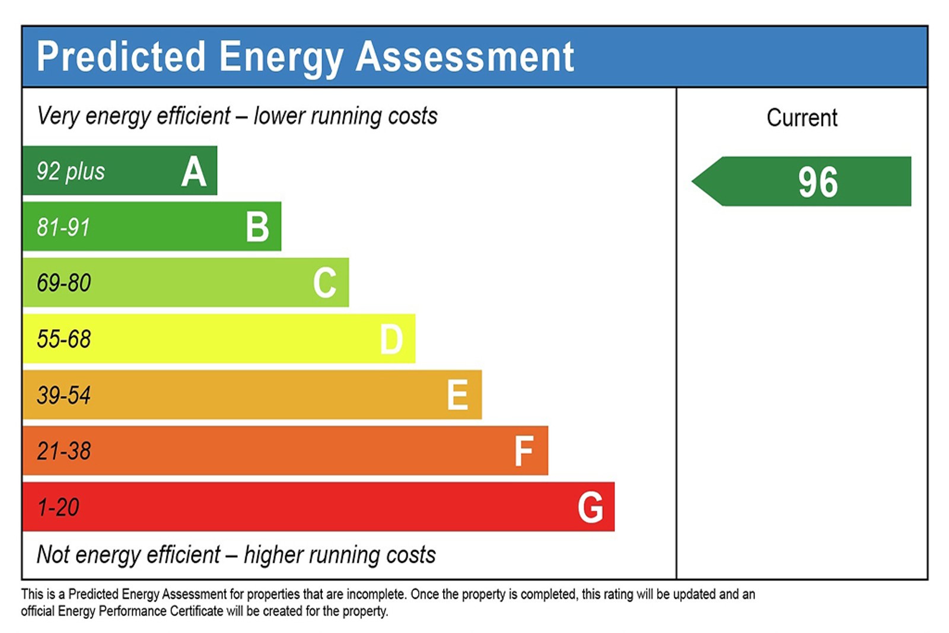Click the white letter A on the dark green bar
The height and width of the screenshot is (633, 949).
[194, 172]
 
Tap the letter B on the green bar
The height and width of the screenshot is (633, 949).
[257, 227]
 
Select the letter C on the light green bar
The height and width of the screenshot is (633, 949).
[325, 283]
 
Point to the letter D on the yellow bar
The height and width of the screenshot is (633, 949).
[391, 339]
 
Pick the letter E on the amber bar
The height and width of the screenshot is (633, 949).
[457, 395]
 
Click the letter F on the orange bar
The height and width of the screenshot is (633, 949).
[524, 451]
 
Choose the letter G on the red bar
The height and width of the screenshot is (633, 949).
[590, 507]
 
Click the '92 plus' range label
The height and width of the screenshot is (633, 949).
[71, 172]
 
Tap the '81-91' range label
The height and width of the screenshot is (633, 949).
[63, 227]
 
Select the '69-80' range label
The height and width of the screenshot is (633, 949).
[64, 283]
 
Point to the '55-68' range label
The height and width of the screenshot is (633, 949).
[64, 339]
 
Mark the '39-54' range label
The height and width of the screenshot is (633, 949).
[64, 395]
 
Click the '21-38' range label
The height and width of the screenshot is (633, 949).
[64, 451]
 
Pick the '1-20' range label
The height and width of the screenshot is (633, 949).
[58, 507]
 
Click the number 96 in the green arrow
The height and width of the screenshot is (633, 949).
[818, 182]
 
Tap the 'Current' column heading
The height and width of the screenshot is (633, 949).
[802, 117]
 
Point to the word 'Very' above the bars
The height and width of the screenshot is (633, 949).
[58, 116]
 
